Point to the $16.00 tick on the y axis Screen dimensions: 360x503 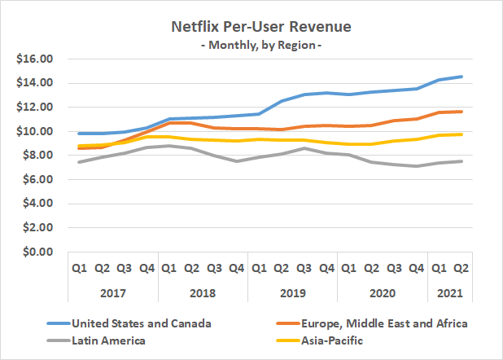click(34, 59)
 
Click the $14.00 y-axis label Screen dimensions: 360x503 click(34, 83)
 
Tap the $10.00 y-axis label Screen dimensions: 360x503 click(34, 131)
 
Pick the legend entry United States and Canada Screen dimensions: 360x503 click(142, 323)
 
